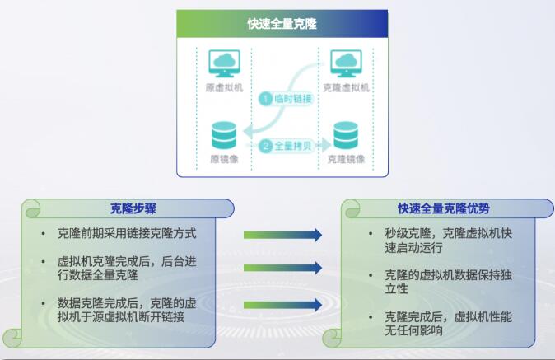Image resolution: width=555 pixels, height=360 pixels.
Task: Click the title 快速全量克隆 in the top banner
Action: [x=282, y=24]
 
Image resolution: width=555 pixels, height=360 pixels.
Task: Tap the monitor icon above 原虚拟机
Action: [x=225, y=63]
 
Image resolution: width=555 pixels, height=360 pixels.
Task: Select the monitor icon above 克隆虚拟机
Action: [x=346, y=63]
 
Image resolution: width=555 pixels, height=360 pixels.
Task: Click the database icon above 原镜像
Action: [x=224, y=135]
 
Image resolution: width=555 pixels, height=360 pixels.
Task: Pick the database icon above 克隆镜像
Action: [x=346, y=135]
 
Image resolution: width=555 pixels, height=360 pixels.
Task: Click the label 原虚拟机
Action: [x=225, y=87]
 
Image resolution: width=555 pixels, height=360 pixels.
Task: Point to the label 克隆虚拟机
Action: [x=346, y=87]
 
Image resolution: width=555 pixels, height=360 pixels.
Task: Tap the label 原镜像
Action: [x=225, y=159]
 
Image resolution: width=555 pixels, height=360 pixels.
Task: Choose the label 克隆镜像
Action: [x=346, y=159]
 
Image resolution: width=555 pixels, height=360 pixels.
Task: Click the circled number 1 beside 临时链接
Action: [x=265, y=99]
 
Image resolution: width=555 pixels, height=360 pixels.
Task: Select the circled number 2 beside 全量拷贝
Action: [x=265, y=146]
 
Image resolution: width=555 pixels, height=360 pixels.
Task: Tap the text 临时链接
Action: [x=292, y=99]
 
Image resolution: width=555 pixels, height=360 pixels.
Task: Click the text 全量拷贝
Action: [x=292, y=146]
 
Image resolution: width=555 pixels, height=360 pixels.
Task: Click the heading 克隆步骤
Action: [x=133, y=208]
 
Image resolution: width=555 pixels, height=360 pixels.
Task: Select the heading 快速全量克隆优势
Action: [x=444, y=208]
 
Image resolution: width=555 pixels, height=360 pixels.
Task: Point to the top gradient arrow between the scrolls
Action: [x=282, y=235]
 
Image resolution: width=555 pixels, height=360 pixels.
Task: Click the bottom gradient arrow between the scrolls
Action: [x=282, y=305]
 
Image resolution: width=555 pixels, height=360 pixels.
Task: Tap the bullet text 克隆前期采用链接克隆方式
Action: [x=127, y=233]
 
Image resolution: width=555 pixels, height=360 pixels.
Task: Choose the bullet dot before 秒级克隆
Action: [x=371, y=234]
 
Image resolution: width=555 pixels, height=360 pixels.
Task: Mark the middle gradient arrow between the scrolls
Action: [x=282, y=268]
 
